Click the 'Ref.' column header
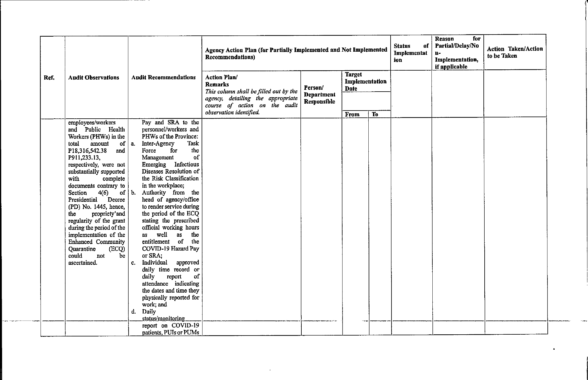[x=49, y=78]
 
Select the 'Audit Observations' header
[x=93, y=78]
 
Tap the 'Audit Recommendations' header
[x=163, y=78]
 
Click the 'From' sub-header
[x=352, y=114]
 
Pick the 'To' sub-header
[x=375, y=114]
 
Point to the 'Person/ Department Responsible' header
[x=319, y=95]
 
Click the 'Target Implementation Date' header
[x=365, y=81]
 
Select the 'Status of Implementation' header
[x=411, y=53]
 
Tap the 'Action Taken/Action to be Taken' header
[x=515, y=52]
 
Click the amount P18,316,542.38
[x=87, y=150]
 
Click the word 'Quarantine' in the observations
[x=82, y=249]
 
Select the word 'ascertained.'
[x=83, y=263]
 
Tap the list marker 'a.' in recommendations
[x=133, y=144]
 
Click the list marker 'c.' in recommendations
[x=133, y=263]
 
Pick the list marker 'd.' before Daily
[x=133, y=312]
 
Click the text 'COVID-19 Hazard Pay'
[x=170, y=249]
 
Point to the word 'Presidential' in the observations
[x=83, y=200]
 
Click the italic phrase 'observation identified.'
[x=232, y=113]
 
